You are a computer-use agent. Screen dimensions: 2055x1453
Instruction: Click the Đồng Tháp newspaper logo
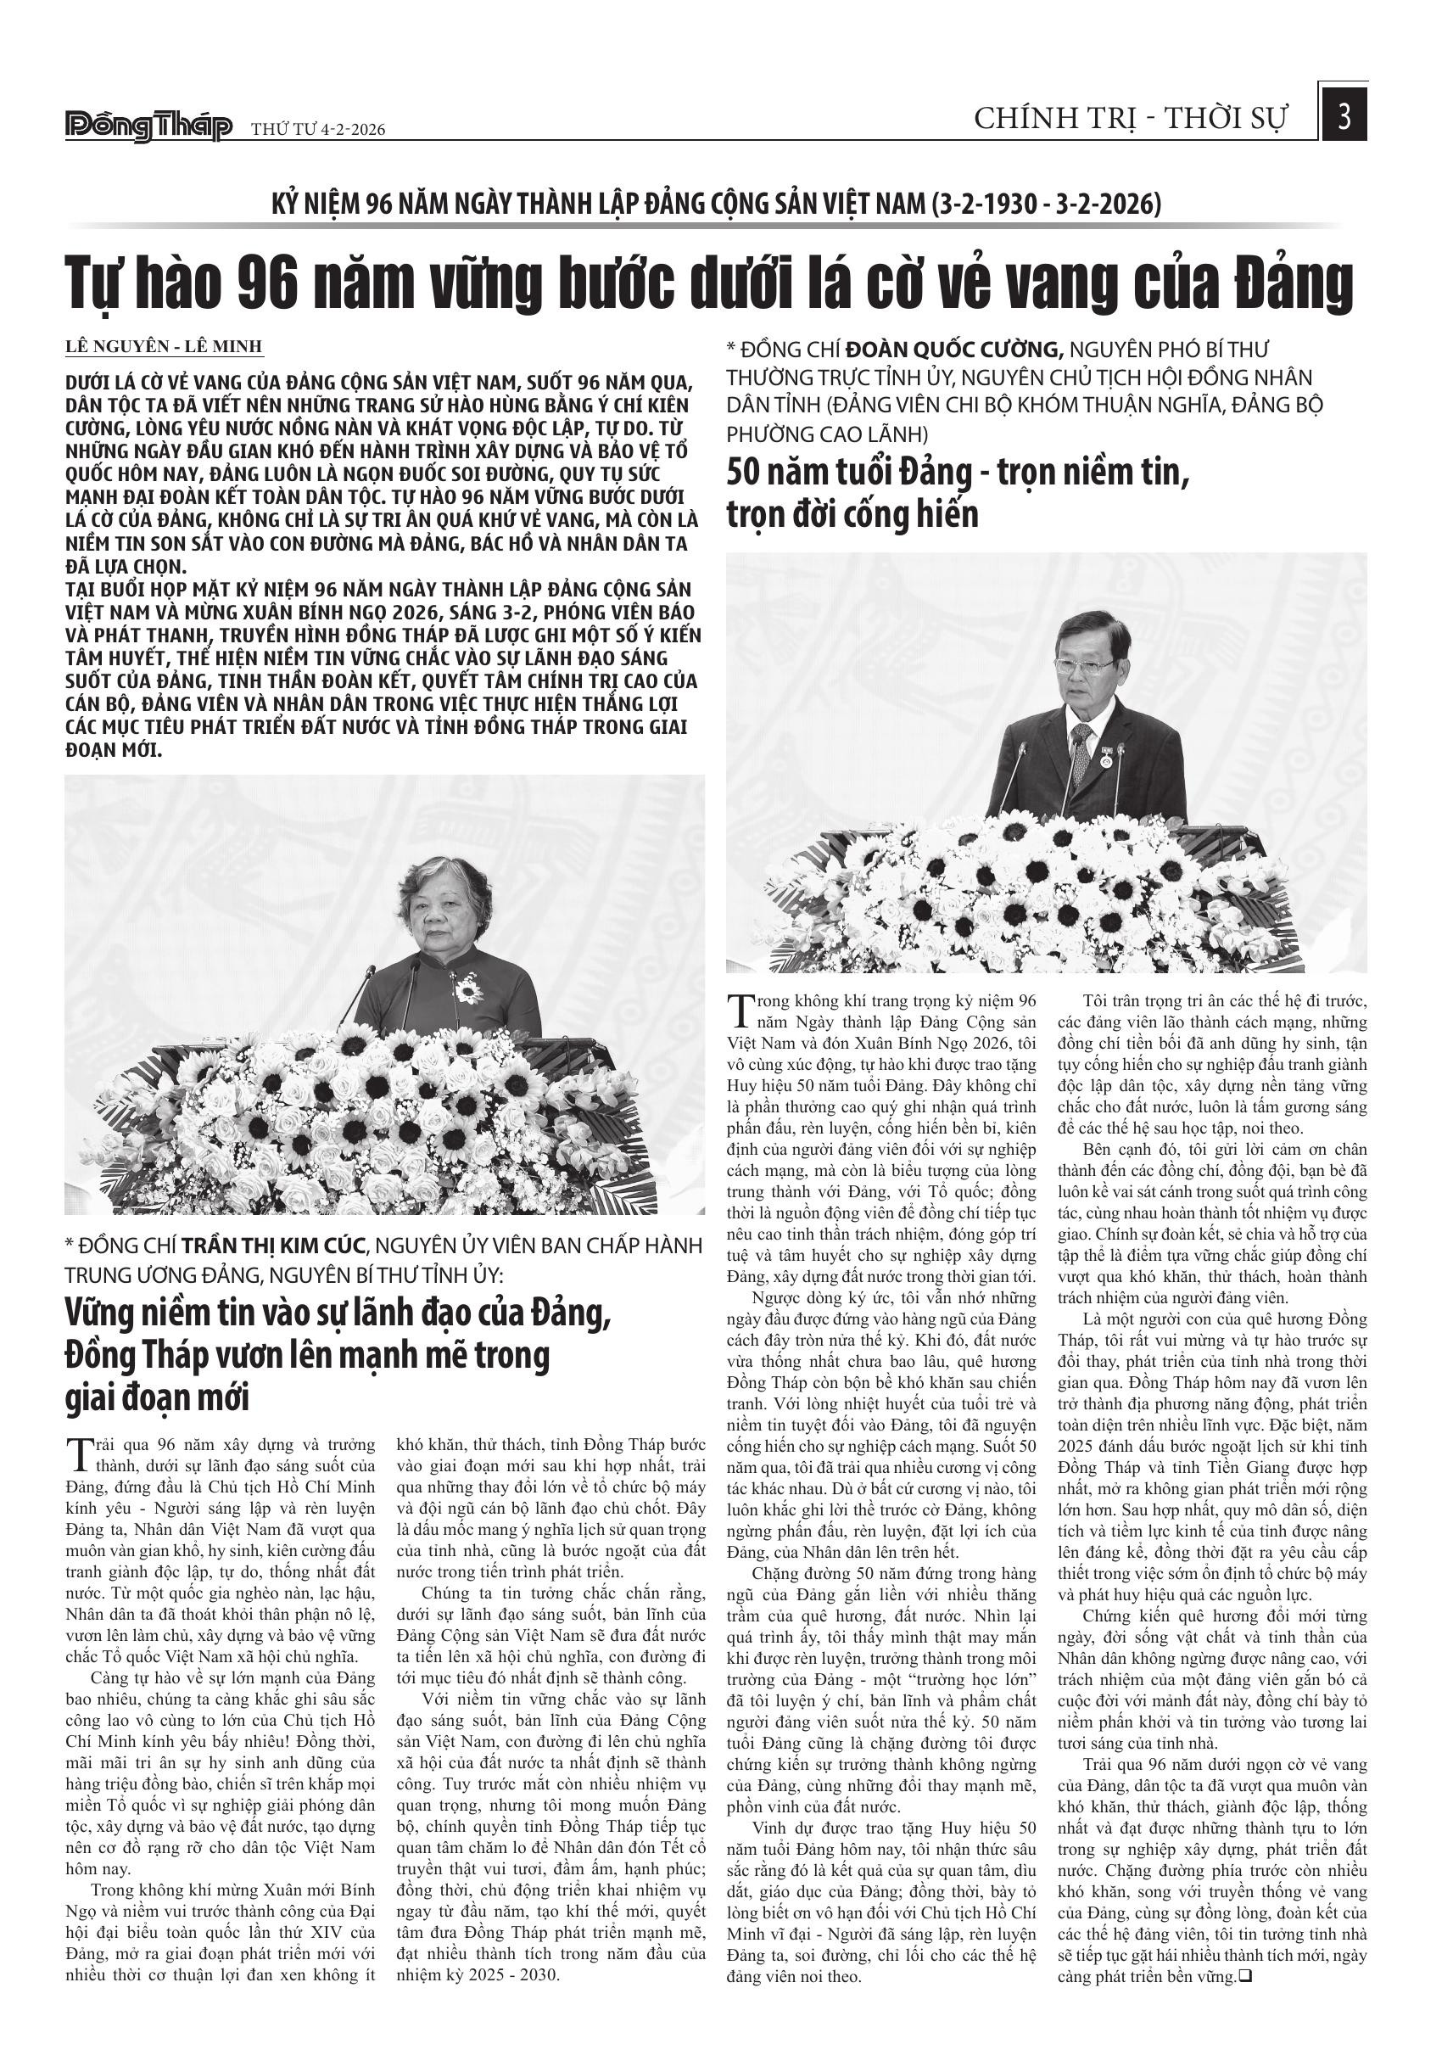148,127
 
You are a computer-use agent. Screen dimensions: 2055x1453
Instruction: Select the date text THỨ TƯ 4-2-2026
317,130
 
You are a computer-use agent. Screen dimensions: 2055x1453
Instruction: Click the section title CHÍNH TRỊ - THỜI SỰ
1131,119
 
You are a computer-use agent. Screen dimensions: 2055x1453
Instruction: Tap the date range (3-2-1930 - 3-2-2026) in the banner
1046,204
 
